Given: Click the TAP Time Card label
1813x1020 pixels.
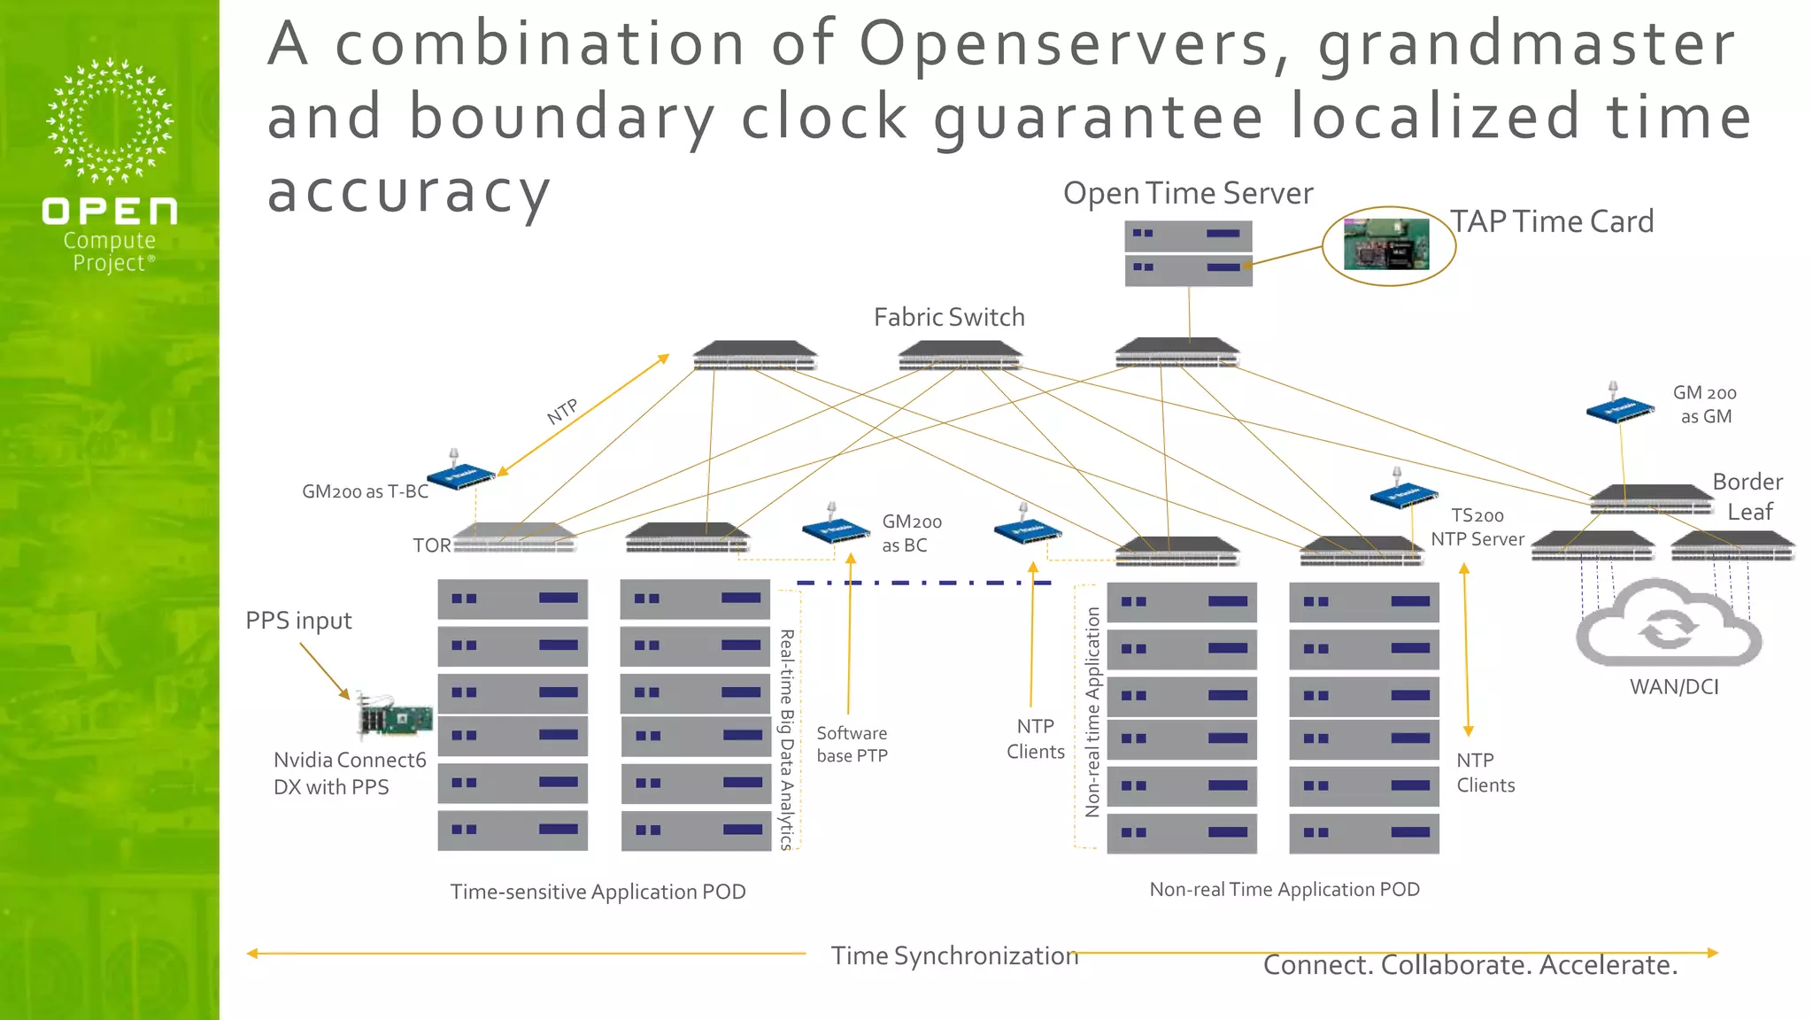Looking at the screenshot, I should click(1551, 221).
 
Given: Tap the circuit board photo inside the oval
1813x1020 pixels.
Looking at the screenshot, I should click(1386, 244).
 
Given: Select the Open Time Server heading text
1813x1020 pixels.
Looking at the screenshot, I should click(1187, 193).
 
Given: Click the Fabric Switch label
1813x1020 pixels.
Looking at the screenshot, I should click(949, 317).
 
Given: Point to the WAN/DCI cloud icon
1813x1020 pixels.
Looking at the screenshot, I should click(1669, 624).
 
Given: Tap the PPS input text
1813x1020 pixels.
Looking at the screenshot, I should click(298, 621).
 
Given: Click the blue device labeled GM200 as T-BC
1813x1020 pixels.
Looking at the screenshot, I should click(460, 475).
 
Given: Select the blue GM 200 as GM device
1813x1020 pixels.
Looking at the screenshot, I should click(1619, 407).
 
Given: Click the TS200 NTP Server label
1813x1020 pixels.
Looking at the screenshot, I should click(1477, 527).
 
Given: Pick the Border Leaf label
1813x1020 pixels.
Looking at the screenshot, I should click(1747, 497).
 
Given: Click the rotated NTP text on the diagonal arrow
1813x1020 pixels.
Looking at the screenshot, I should click(562, 411).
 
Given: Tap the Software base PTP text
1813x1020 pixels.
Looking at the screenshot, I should click(852, 744).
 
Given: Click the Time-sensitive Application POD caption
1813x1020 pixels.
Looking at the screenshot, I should click(598, 892).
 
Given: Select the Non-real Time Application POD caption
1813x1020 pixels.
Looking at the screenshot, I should click(1284, 889).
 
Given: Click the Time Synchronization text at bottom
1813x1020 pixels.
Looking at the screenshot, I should click(953, 956).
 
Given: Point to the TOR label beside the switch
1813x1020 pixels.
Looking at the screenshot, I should click(431, 545).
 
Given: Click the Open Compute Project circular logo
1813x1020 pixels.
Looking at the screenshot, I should click(110, 121).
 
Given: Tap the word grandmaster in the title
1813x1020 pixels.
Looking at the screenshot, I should click(1526, 44).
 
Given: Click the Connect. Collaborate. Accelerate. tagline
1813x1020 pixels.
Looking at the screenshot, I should click(1470, 965).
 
